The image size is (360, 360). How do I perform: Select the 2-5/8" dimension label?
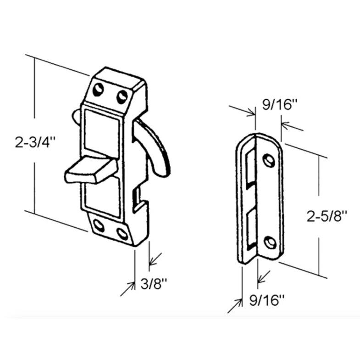coord(327,216)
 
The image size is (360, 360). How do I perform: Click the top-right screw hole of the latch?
coord(122,96)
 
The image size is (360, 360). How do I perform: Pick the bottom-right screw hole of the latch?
coord(122,233)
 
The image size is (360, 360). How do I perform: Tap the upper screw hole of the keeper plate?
coord(269,160)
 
